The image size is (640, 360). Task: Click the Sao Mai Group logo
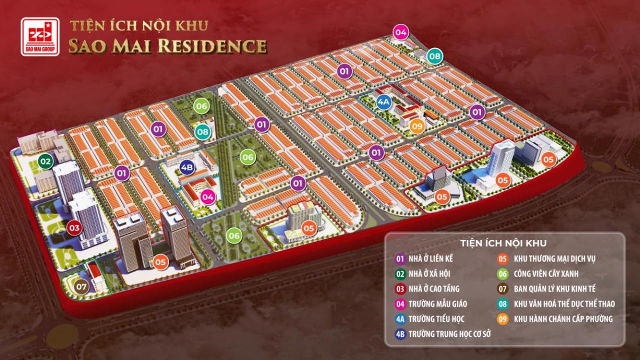(x=40, y=36)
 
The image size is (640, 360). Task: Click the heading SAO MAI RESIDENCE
(x=167, y=46)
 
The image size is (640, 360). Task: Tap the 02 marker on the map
(x=46, y=161)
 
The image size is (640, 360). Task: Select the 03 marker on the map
(x=74, y=228)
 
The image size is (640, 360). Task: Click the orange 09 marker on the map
(x=417, y=125)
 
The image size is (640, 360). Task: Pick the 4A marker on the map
(x=383, y=102)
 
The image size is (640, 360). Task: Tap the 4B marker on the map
(x=187, y=167)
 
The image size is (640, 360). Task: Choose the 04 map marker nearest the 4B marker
(x=208, y=197)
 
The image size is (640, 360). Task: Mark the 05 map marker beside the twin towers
(x=160, y=261)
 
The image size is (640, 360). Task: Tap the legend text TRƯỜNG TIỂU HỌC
(x=436, y=319)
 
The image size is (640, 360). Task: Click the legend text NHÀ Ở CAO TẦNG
(x=433, y=289)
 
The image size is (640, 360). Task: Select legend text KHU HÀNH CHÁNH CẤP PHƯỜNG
(x=563, y=319)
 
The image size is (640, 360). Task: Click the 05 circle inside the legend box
(x=503, y=259)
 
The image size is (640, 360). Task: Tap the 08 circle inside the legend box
(x=503, y=304)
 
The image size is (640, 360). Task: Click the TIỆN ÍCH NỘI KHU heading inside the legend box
(x=504, y=243)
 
